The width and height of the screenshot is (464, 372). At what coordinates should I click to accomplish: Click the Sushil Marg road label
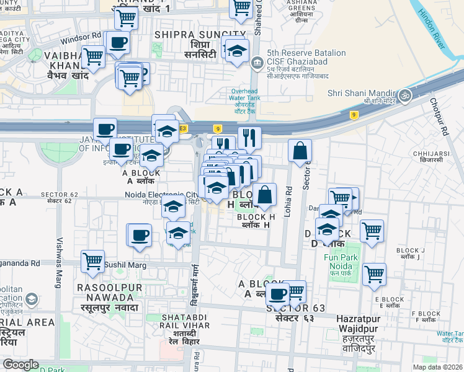click(x=125, y=265)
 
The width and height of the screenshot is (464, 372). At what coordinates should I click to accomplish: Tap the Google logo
click(x=20, y=365)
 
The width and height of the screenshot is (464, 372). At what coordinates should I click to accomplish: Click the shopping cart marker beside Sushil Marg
click(x=92, y=260)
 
